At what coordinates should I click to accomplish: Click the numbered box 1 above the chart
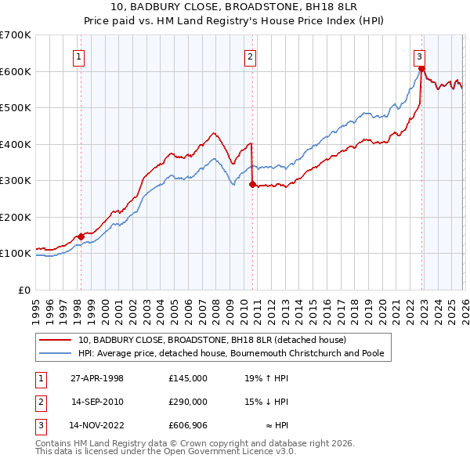(80, 56)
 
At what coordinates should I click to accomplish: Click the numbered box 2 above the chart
(250, 56)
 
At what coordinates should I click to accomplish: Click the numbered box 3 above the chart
(419, 56)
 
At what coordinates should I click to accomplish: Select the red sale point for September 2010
(252, 184)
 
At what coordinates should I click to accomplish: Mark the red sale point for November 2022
(421, 69)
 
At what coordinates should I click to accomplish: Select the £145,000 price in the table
(188, 378)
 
